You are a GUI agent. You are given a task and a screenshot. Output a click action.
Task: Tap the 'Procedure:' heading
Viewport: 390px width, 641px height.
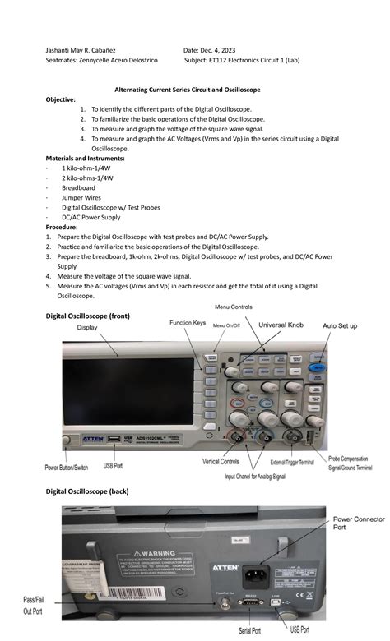click(65, 226)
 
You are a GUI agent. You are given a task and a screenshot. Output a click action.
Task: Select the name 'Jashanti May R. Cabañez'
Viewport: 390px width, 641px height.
click(85, 52)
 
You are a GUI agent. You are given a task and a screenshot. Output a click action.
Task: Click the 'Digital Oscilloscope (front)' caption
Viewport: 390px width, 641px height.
click(99, 316)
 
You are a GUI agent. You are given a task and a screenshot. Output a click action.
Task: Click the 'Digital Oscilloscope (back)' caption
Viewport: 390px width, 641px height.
click(98, 491)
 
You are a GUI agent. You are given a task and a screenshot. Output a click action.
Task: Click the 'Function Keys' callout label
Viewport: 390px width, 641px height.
click(187, 324)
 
